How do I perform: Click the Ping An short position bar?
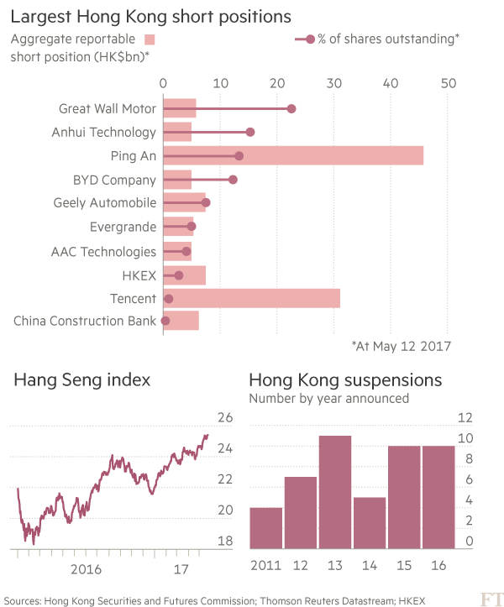point(292,156)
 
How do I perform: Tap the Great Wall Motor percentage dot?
point(291,108)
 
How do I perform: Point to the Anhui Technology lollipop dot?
point(249,132)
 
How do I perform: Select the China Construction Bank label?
point(85,321)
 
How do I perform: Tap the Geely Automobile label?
point(105,203)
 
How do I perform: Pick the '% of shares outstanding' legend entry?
point(383,39)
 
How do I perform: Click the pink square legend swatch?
point(150,39)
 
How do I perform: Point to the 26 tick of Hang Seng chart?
point(224,417)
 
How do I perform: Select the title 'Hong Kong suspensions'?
point(345,379)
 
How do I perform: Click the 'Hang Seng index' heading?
point(81,379)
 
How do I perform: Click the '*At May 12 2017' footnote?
point(402,345)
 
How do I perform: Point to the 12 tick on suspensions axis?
point(465,417)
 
